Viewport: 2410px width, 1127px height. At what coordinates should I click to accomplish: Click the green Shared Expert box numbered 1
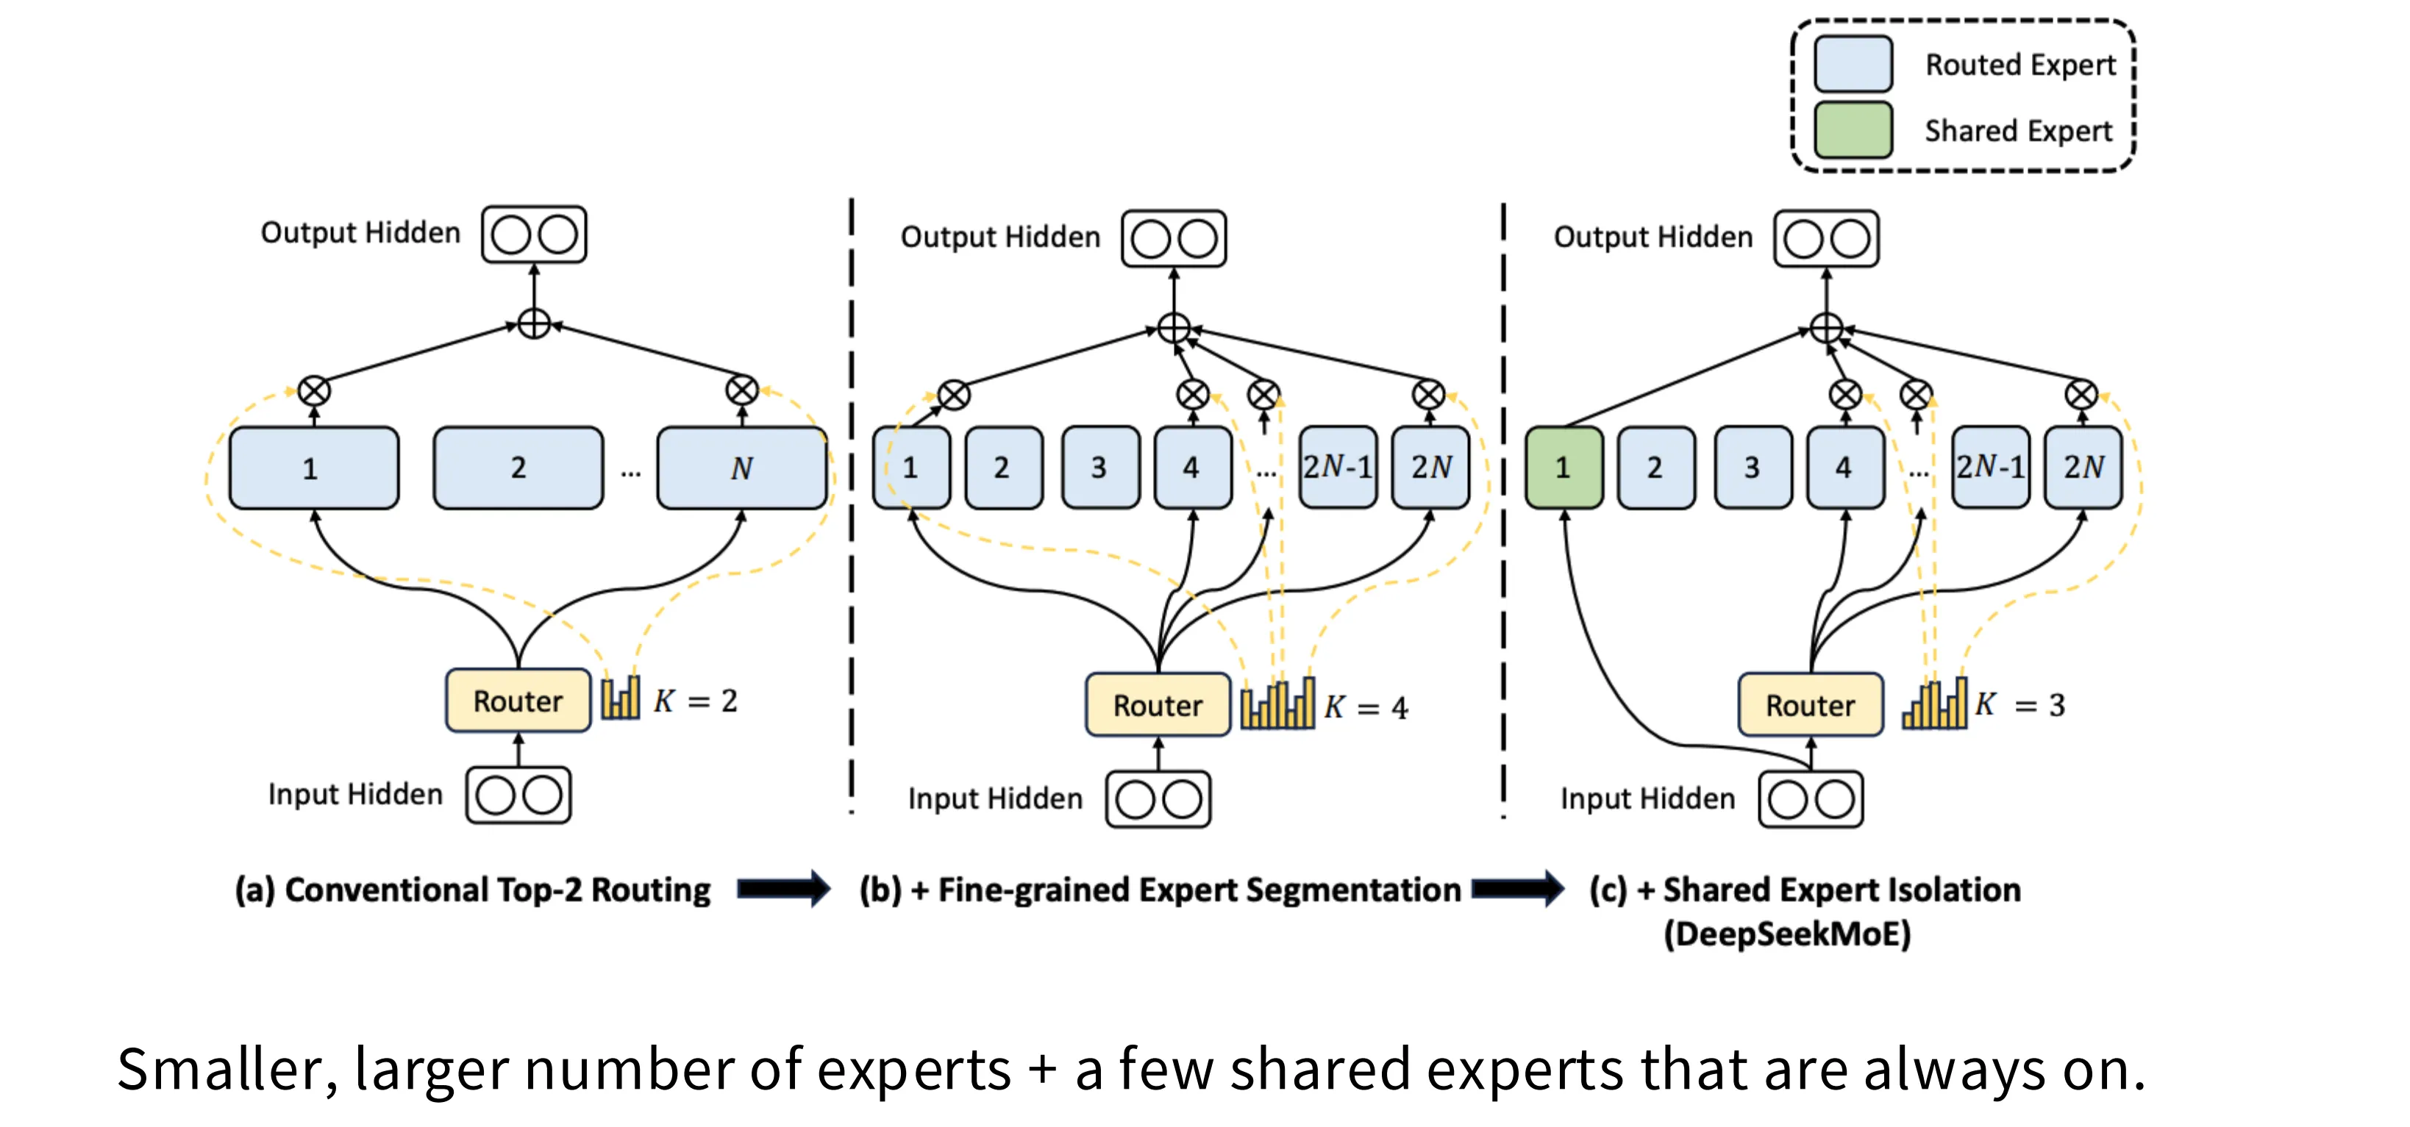[1562, 468]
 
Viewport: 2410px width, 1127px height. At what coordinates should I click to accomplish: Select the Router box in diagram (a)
[517, 701]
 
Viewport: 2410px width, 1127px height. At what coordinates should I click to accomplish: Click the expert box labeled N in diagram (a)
[741, 468]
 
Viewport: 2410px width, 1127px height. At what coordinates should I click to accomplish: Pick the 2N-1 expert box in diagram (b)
[1337, 467]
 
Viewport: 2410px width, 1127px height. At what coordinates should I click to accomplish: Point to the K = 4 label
[1366, 707]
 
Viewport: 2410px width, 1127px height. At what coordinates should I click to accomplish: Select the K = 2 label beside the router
[696, 701]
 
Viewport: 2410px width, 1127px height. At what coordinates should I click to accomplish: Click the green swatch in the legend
[1853, 130]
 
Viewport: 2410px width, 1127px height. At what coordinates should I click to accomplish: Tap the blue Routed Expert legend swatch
[1853, 64]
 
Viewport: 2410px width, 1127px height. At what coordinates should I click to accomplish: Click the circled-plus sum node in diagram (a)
[534, 324]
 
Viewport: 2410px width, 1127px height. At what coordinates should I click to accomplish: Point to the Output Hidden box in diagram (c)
[1826, 238]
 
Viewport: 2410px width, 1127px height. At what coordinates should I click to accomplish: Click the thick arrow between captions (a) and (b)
[783, 889]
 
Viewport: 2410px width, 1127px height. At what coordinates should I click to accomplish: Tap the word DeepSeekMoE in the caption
[1787, 934]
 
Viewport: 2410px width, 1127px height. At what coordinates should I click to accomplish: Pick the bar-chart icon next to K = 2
[620, 698]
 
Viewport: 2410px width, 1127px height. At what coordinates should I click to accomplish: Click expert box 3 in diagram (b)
[1099, 468]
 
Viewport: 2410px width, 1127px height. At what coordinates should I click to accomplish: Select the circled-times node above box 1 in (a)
[314, 390]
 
